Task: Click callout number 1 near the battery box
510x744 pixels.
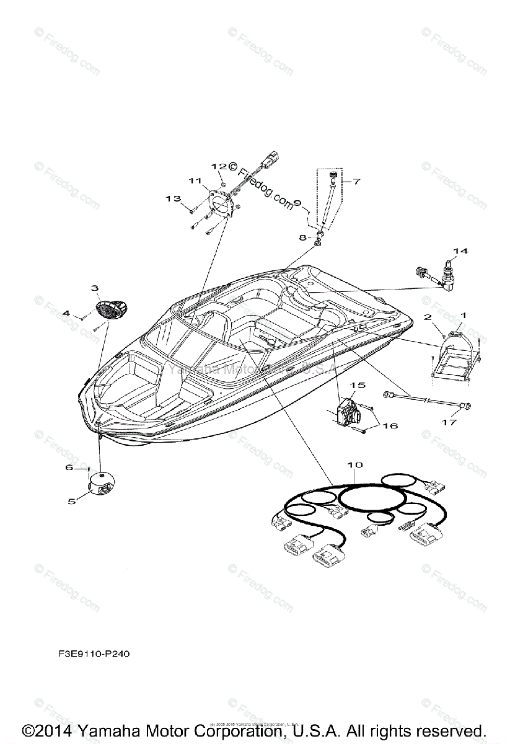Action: tap(462, 316)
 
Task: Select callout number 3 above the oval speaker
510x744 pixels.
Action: tap(95, 288)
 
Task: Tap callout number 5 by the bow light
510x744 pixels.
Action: tap(71, 500)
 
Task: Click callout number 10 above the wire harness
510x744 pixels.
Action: tap(355, 464)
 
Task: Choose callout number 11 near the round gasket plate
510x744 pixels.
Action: tap(196, 181)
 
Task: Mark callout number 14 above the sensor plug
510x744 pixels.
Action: tap(459, 251)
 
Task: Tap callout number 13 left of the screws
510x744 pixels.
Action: tap(173, 198)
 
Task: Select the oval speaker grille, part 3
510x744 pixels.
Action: tap(112, 308)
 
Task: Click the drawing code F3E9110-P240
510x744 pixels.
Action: tap(90, 653)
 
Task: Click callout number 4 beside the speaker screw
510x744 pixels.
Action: tap(66, 314)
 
